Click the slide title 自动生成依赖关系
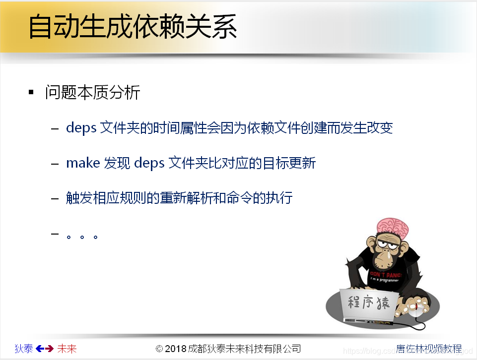[133, 27]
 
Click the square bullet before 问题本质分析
[31, 92]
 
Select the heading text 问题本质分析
[93, 93]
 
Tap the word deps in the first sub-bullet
[81, 128]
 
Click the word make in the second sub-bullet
[83, 163]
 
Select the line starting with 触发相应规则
[179, 198]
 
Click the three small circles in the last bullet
[81, 237]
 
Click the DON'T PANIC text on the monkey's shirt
[385, 273]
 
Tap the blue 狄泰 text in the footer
[24, 349]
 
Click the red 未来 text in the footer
[67, 349]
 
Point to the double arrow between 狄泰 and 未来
[45, 349]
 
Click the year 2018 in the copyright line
[176, 349]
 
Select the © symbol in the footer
[159, 349]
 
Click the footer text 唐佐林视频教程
[429, 349]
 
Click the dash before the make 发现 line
[55, 164]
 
